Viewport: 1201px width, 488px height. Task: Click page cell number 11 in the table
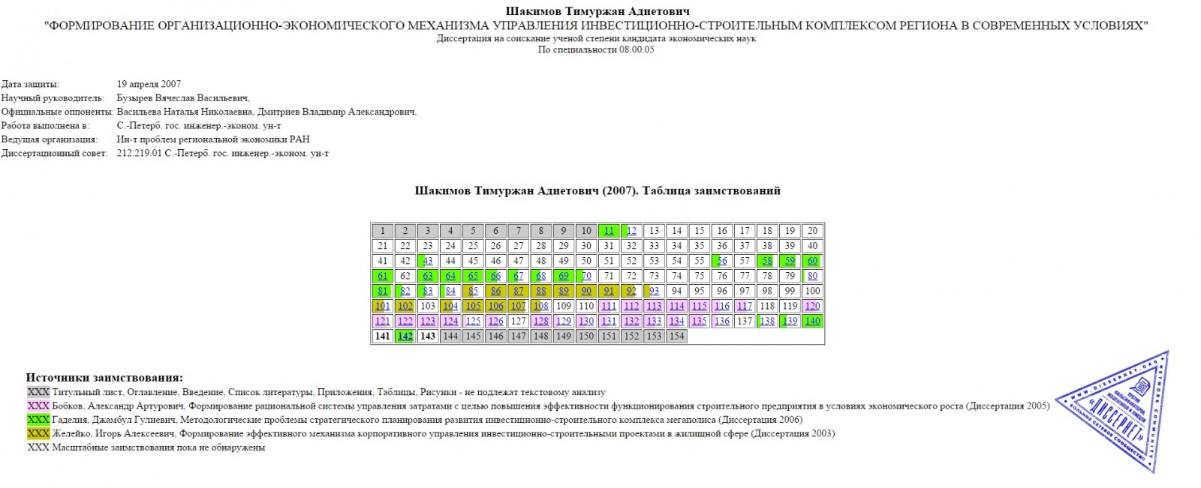click(609, 231)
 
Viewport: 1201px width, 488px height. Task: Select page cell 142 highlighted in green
click(405, 337)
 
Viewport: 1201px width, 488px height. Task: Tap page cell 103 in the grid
click(428, 306)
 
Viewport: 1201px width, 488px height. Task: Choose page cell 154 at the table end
click(676, 337)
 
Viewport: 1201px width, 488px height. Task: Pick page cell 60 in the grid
click(811, 261)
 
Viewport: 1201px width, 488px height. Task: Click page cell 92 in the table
click(631, 291)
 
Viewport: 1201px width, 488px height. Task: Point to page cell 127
click(518, 321)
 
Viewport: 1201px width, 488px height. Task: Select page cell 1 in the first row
click(383, 231)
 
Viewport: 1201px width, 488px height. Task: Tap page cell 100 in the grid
click(811, 291)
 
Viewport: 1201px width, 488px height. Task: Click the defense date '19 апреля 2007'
click(149, 84)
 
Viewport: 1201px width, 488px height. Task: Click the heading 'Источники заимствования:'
click(104, 378)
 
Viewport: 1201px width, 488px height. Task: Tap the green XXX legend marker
click(38, 420)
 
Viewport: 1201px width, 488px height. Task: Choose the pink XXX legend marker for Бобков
click(38, 406)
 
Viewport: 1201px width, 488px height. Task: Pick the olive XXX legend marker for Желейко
click(38, 433)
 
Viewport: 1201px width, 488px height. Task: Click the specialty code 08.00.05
click(637, 49)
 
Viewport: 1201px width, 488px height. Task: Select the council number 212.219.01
click(140, 153)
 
